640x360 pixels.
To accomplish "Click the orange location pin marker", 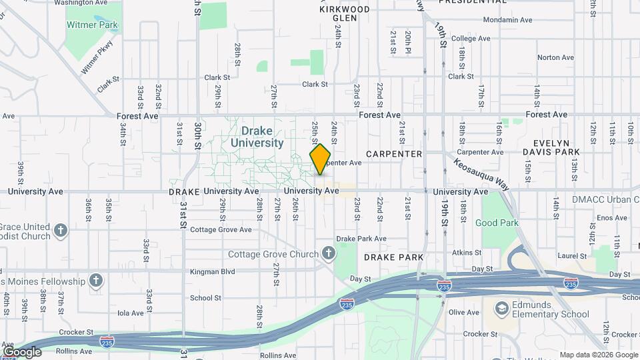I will (x=321, y=159).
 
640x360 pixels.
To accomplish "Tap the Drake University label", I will (x=257, y=136).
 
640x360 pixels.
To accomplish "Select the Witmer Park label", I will (x=92, y=25).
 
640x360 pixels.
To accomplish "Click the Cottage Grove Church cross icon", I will (x=328, y=253).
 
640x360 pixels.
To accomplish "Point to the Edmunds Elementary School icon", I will (x=502, y=309).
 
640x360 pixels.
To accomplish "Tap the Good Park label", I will (x=497, y=223).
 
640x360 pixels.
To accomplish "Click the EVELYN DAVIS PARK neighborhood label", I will (x=556, y=147).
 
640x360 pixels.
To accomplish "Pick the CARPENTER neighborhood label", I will (x=394, y=154).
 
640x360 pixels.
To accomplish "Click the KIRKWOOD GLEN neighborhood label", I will (x=344, y=13).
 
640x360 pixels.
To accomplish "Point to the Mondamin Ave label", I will (x=507, y=20).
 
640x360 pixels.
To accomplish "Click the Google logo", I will (x=22, y=351).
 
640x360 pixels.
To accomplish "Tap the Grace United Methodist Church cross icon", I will (x=61, y=231).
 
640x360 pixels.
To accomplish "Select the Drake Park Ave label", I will (x=361, y=238).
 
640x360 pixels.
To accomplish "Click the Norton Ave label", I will (x=555, y=57).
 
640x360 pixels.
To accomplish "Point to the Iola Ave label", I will (x=130, y=313).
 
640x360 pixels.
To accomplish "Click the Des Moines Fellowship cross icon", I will (x=97, y=280).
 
